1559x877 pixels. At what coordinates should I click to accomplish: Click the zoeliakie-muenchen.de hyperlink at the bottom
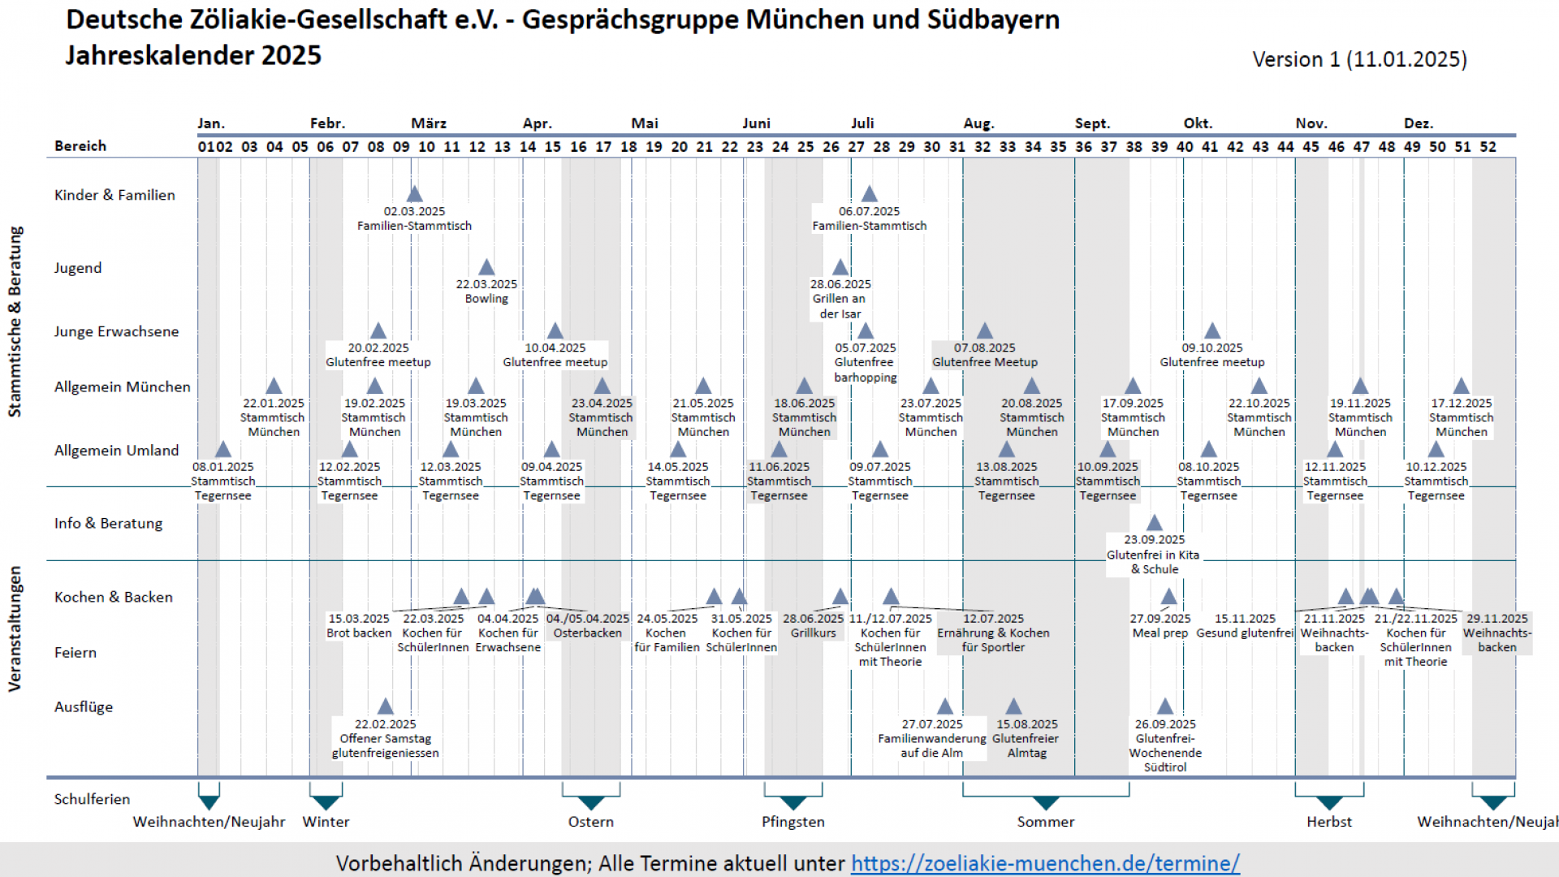tap(1045, 863)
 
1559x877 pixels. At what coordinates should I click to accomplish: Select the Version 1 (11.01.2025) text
tap(1359, 59)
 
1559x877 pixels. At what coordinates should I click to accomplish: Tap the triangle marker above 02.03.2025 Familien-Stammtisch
tap(414, 194)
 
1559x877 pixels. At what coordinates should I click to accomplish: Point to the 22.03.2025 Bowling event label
tap(486, 292)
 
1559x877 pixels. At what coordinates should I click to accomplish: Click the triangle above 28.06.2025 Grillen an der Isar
tap(840, 267)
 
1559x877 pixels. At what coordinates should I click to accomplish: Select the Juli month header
tap(862, 123)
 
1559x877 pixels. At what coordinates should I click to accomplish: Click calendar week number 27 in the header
tap(856, 147)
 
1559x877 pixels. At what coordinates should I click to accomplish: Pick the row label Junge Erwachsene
tap(116, 331)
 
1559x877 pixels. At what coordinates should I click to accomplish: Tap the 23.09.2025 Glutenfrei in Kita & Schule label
tap(1153, 554)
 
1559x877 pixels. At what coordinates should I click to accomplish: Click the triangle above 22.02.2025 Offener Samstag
tap(386, 706)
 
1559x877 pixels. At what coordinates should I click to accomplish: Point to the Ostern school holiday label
tap(590, 822)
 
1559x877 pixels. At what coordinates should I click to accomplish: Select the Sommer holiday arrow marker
tap(1045, 802)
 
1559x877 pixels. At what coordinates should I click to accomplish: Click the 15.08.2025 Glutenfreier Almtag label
tap(1026, 738)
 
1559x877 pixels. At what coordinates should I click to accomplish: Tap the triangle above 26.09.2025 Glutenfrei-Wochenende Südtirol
tap(1165, 706)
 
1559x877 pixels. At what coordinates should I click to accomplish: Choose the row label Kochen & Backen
tap(113, 597)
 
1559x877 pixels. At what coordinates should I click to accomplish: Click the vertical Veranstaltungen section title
tap(15, 629)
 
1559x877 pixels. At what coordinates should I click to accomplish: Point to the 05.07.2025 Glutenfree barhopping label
tap(866, 362)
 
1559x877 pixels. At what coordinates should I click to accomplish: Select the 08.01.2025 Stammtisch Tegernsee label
tap(222, 481)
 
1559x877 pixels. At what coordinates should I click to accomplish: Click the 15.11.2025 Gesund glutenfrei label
tap(1245, 626)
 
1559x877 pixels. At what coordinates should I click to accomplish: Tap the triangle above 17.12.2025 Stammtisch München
tap(1461, 387)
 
